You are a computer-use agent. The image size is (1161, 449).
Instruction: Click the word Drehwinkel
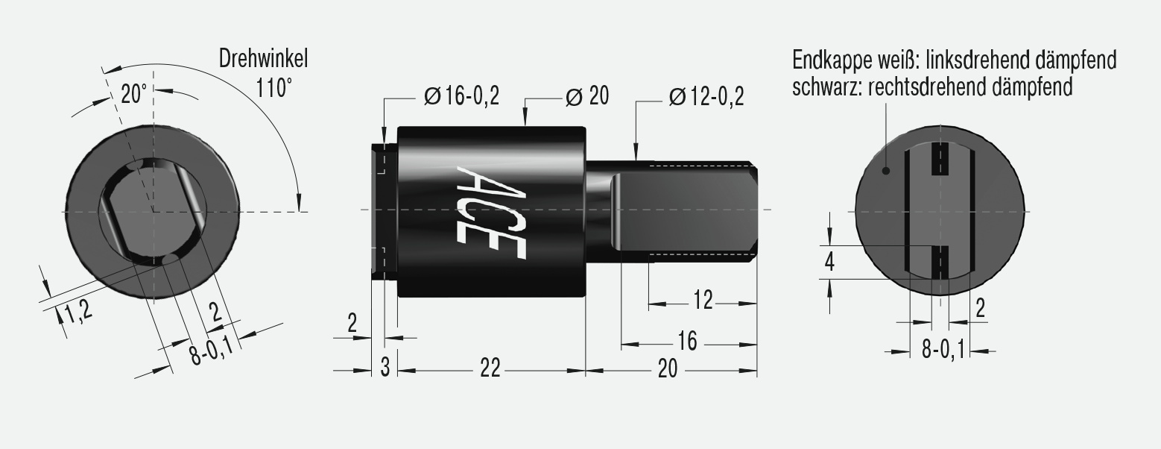[x=263, y=58]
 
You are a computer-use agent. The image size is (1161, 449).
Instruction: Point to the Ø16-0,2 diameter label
[x=461, y=96]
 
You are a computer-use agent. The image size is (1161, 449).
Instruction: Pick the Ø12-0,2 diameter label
[x=706, y=96]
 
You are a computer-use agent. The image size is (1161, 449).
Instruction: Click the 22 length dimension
[x=490, y=369]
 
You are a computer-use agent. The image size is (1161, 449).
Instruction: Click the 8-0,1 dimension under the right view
[x=943, y=349]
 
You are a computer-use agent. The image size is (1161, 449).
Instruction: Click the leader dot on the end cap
[x=886, y=171]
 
